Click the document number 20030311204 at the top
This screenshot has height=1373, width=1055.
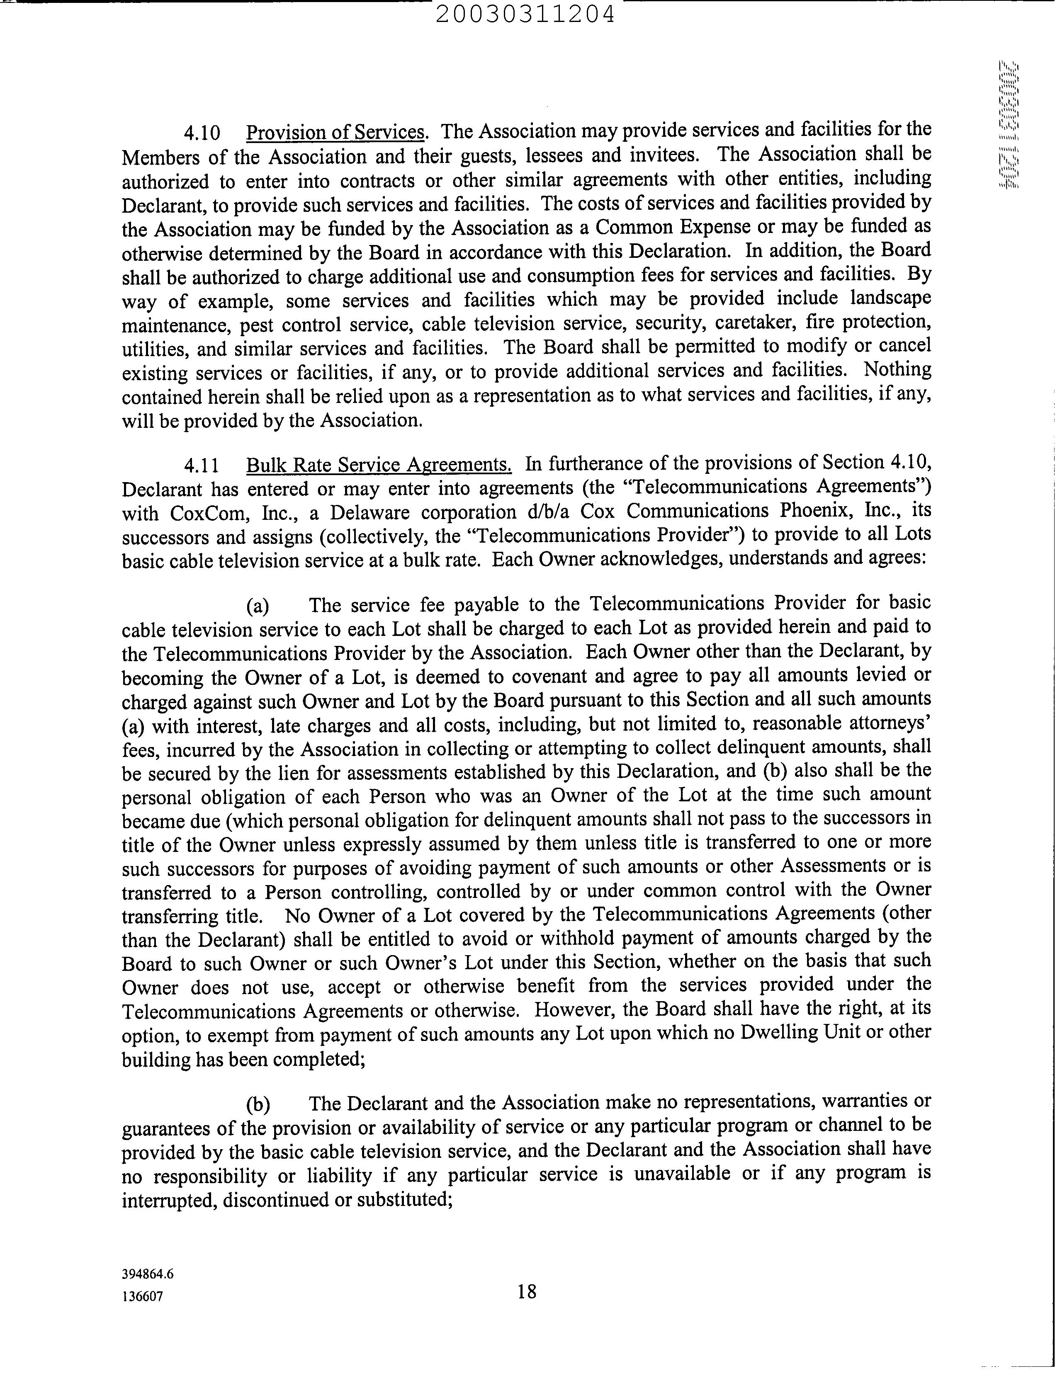coord(524,14)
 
